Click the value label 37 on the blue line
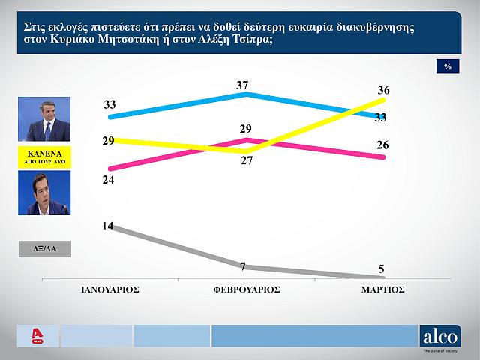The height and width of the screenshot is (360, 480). pos(242,85)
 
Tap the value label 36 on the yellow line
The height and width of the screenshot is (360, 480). pos(384,90)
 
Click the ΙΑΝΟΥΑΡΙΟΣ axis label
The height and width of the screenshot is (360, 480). pos(109,289)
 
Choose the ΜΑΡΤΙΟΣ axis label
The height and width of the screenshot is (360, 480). pos(383,289)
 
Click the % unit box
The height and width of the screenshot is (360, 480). pos(448,67)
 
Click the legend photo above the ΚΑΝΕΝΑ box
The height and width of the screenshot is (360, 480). pos(43,119)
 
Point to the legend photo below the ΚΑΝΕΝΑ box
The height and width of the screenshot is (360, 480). pos(43,193)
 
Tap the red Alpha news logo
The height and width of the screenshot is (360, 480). pos(34,335)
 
